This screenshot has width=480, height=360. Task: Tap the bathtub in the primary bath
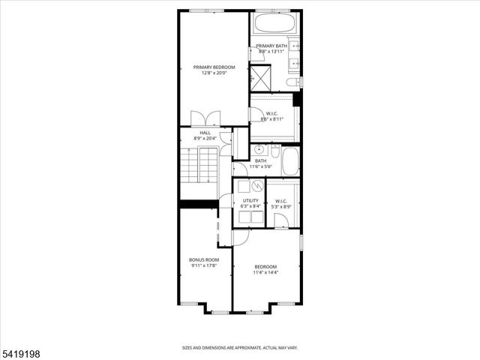(x=275, y=22)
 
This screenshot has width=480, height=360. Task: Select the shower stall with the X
(x=262, y=76)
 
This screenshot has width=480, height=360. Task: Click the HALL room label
(x=205, y=132)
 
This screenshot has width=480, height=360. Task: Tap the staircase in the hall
(x=199, y=166)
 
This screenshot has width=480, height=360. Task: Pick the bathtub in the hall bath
(x=289, y=160)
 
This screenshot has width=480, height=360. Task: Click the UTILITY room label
(x=250, y=200)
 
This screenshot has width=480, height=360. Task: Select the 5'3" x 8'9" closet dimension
(x=280, y=206)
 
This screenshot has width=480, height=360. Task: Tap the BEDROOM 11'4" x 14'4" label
(x=265, y=270)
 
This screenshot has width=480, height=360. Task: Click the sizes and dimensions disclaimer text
(x=240, y=348)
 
